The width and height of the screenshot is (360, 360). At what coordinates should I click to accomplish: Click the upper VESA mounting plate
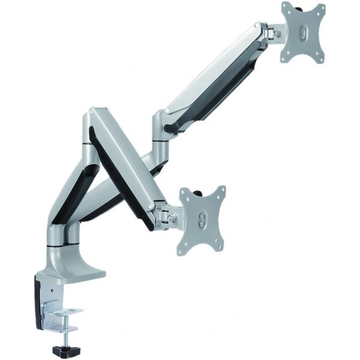(303, 33)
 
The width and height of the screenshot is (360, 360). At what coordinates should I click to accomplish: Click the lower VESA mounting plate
(202, 220)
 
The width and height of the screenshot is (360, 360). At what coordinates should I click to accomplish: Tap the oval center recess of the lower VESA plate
(203, 220)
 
